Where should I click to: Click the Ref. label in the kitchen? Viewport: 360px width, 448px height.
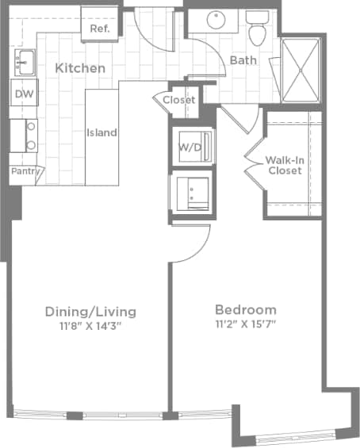(99, 29)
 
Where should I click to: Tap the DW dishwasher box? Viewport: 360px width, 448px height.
(23, 94)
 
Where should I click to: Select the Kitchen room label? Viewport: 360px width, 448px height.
(80, 68)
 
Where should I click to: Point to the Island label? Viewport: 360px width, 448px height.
(101, 132)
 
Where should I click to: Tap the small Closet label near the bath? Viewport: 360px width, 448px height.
(179, 100)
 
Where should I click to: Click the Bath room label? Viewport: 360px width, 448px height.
(242, 60)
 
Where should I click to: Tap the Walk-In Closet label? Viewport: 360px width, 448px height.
(283, 165)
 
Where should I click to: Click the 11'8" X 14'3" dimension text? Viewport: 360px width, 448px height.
(90, 325)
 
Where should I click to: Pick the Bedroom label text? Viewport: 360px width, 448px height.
(246, 309)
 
